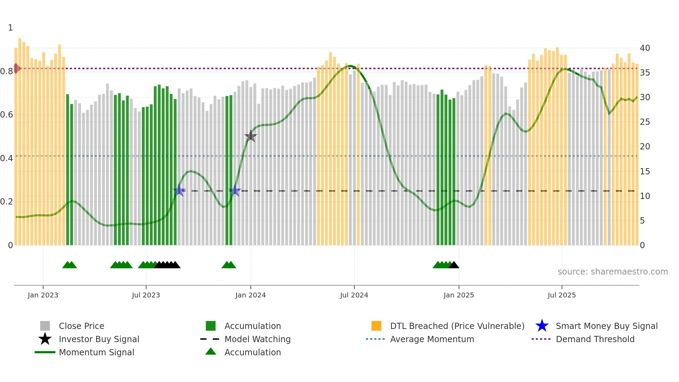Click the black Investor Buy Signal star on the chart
click(x=250, y=136)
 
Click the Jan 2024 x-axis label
click(x=250, y=295)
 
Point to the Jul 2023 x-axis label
click(x=146, y=295)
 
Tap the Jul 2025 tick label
click(x=562, y=295)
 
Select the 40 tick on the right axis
click(x=645, y=48)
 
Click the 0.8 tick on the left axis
click(x=7, y=71)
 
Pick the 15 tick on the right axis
click(x=645, y=171)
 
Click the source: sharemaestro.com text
click(x=612, y=271)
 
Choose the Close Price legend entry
click(x=81, y=326)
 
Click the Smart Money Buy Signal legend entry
click(x=607, y=326)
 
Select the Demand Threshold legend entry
click(x=595, y=339)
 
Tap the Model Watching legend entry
click(x=257, y=339)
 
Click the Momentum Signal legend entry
click(x=96, y=352)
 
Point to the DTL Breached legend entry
click(x=457, y=326)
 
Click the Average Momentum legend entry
click(x=432, y=339)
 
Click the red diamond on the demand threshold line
click(x=16, y=68)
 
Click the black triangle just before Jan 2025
click(x=454, y=265)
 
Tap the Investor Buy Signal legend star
click(x=45, y=339)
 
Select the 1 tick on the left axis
click(x=10, y=28)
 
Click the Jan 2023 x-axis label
click(x=43, y=295)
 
